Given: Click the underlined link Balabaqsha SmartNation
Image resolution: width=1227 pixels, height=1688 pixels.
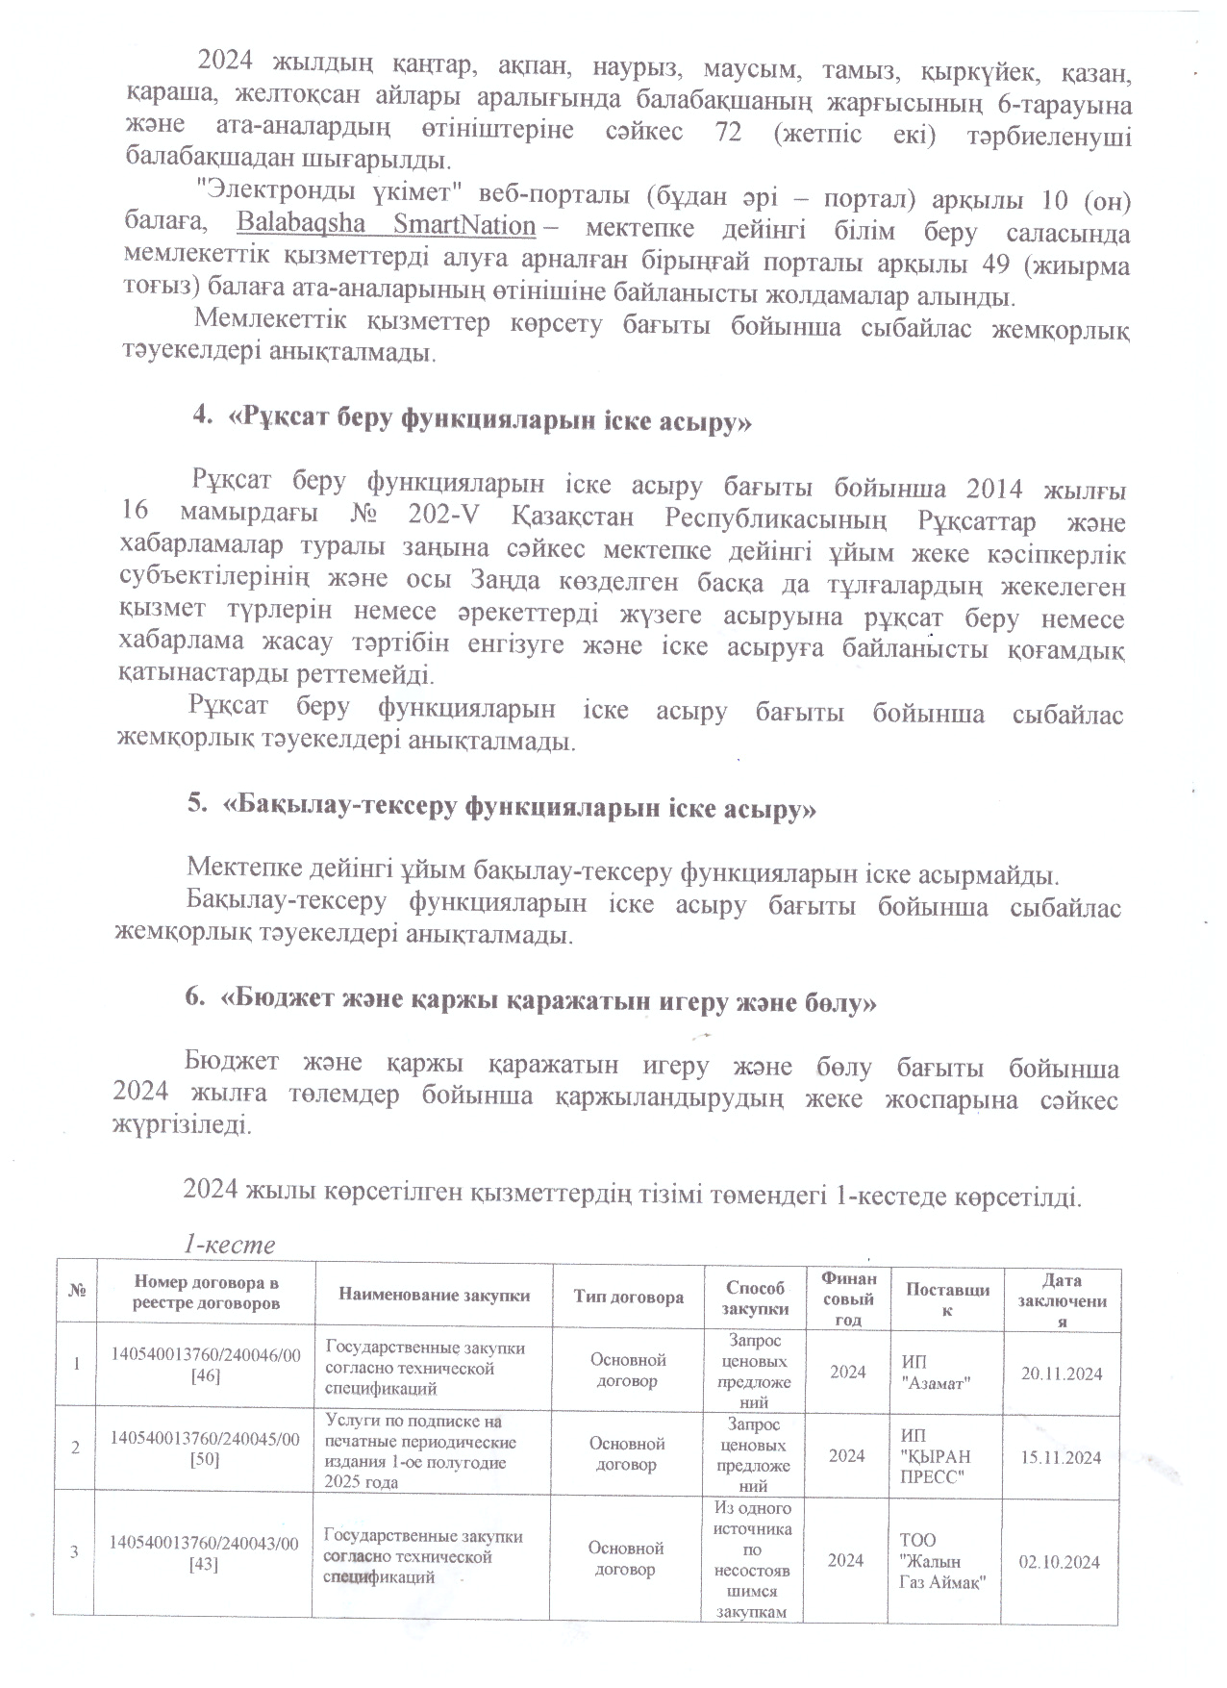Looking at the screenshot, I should tap(386, 225).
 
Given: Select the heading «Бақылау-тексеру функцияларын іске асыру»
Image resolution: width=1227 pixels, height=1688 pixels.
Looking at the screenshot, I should tap(500, 808).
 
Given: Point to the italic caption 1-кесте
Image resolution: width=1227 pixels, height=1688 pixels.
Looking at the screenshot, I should tap(229, 1245).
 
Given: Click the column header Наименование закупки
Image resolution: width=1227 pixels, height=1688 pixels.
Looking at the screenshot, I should tap(434, 1295).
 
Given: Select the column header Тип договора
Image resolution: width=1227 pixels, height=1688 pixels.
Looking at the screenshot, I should tap(628, 1297).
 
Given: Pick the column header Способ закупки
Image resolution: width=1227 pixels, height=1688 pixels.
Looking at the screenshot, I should tap(754, 1297).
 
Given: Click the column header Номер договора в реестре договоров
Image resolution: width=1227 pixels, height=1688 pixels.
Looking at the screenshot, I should tap(207, 1293).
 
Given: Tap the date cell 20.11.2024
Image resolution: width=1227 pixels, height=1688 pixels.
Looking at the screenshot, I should tap(1062, 1373).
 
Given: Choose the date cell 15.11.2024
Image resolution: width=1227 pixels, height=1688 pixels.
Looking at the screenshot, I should tap(1061, 1457).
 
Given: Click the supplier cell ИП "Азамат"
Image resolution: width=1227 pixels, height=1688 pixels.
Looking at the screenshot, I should tap(935, 1373).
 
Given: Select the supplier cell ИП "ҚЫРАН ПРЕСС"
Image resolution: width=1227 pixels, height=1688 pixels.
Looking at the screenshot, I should tap(935, 1457).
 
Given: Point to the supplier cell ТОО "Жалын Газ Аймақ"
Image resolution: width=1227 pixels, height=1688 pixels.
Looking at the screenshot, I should tap(941, 1562).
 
